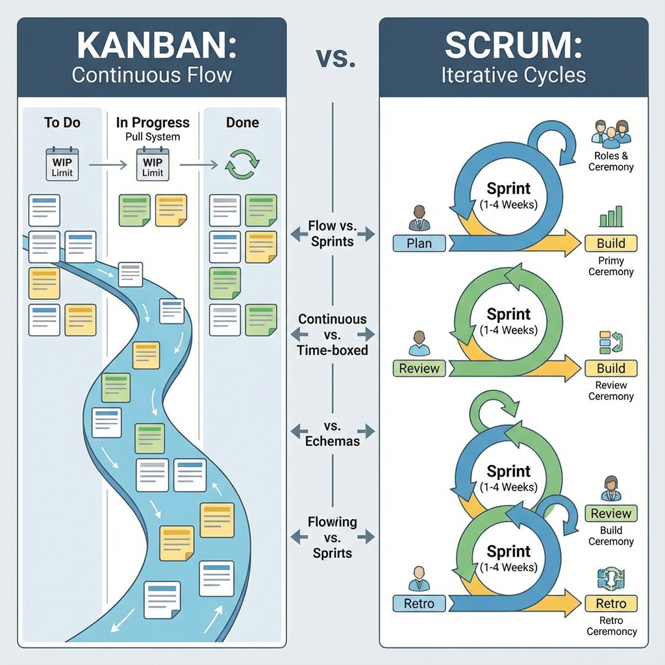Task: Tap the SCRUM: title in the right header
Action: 513,45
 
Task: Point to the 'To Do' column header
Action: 62,123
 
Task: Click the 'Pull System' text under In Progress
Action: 153,137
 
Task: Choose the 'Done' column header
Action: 242,123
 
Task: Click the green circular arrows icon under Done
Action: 242,164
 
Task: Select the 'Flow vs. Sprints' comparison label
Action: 332,234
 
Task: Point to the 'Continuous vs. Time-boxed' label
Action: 332,334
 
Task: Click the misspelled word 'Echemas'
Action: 332,442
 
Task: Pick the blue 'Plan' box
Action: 420,244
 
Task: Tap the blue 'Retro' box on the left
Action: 420,603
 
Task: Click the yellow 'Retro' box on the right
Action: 610,603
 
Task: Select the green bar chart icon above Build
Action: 610,216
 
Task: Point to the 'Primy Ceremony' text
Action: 610,266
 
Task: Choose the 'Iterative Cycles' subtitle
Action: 513,75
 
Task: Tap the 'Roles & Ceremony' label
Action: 610,162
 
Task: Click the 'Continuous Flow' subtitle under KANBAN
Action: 151,75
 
